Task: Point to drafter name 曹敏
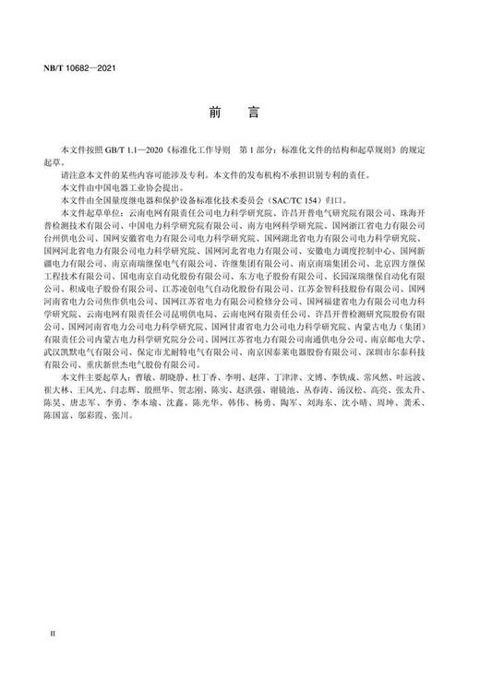coord(132,377)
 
